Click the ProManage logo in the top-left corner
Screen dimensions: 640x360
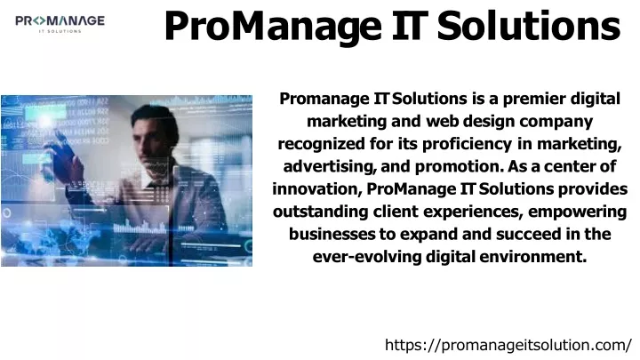point(60,24)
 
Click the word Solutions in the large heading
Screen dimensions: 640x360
point(529,26)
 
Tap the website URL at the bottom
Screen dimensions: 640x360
point(508,345)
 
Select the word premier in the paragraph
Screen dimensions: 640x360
point(534,99)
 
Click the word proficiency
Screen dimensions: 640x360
point(467,144)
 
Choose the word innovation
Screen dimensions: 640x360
point(317,189)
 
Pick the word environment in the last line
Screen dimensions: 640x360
point(533,257)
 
